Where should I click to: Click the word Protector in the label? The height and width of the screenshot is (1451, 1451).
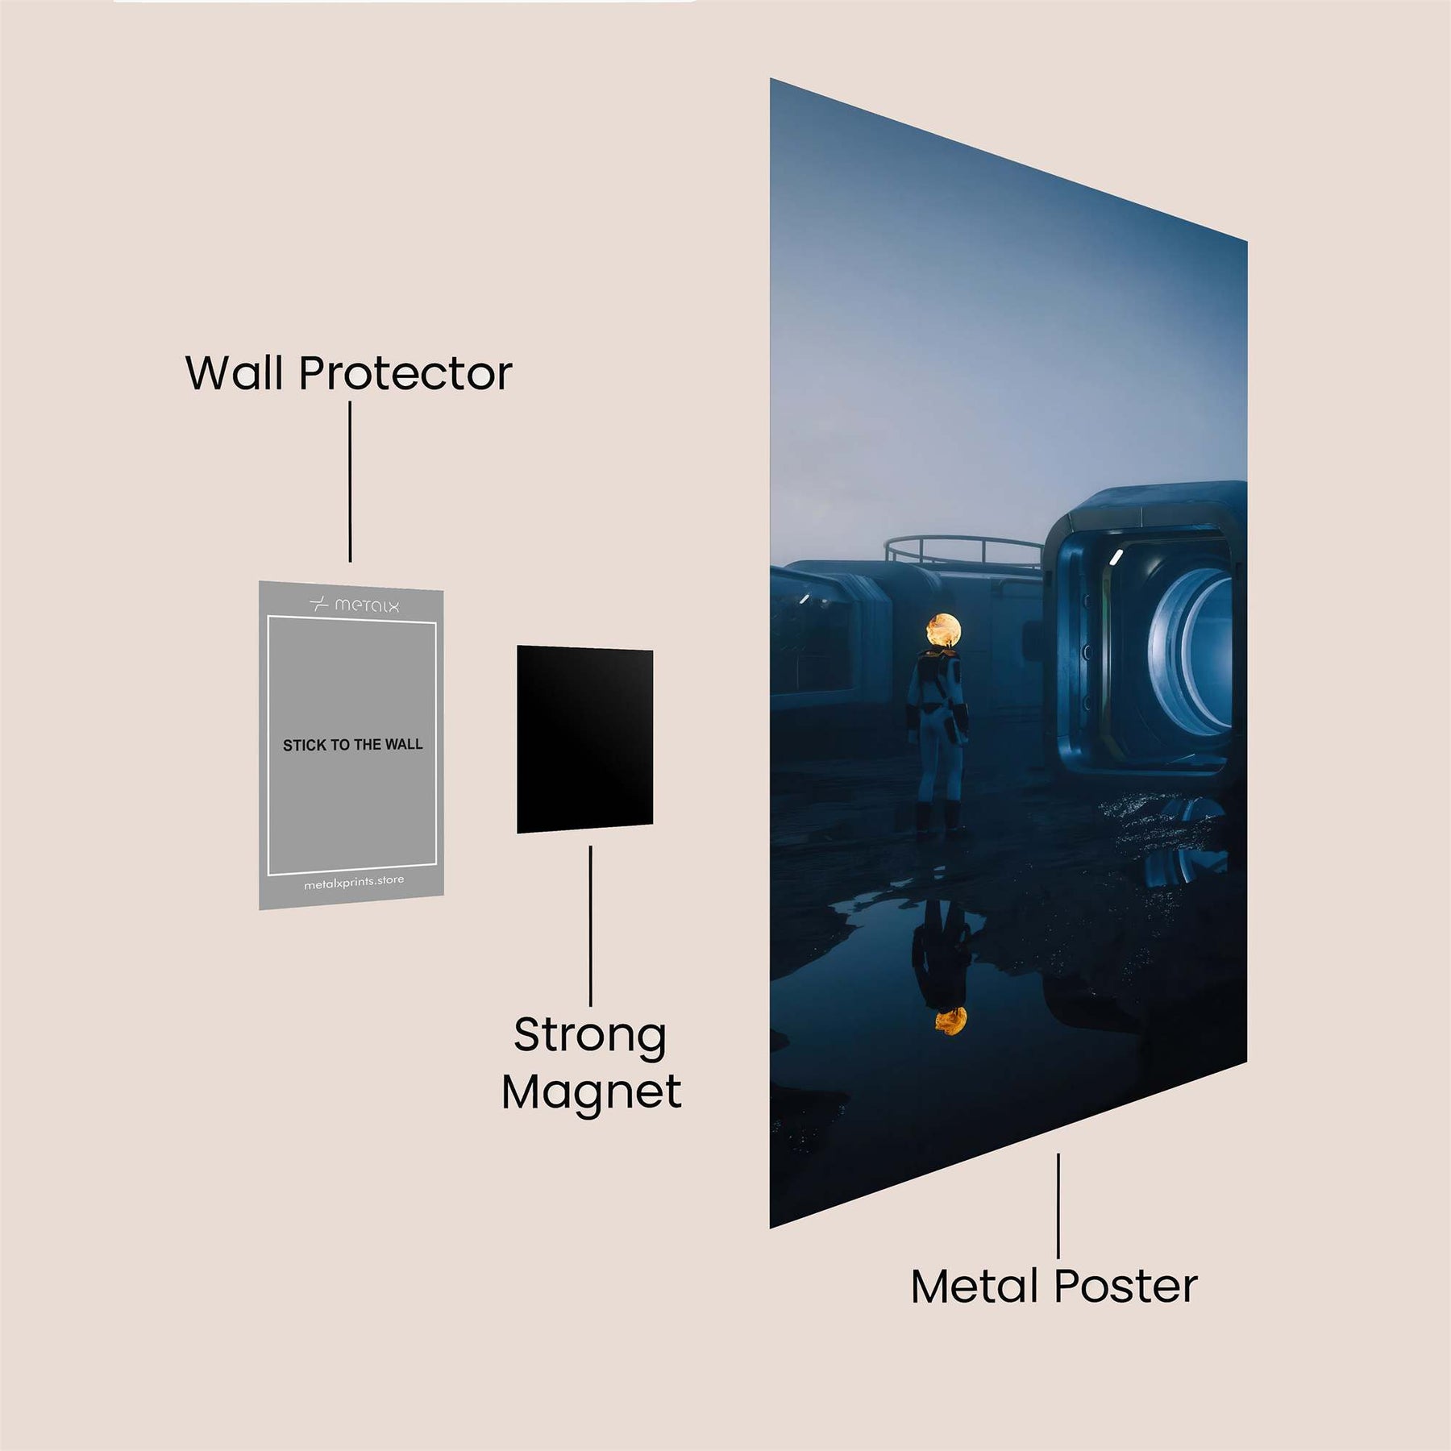[x=405, y=373]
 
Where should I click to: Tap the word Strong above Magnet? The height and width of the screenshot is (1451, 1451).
[x=590, y=1036]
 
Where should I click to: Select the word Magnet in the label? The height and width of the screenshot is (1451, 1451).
[x=591, y=1092]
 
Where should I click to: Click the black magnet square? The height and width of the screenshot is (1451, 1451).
[x=584, y=739]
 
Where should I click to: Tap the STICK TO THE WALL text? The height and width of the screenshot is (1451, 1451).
[x=352, y=745]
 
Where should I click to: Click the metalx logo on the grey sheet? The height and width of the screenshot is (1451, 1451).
[x=355, y=605]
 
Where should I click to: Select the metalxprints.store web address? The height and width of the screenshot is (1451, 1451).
[x=354, y=883]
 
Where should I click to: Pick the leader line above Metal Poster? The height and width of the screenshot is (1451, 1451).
[x=1058, y=1205]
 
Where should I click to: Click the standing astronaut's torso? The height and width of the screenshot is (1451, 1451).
[x=935, y=685]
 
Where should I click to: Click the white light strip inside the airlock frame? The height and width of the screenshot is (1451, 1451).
[x=1116, y=556]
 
